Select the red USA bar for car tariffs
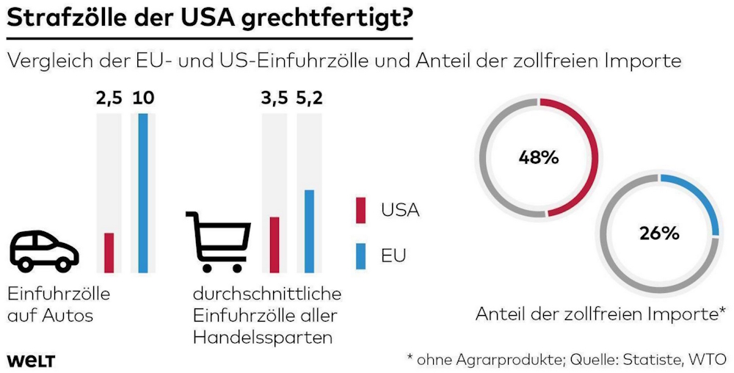coord(109,253)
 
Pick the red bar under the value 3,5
coord(275,245)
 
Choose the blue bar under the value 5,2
coord(309,231)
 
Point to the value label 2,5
coord(109,98)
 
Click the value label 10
coord(142,98)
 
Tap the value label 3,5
coord(275,98)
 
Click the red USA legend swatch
coord(360,209)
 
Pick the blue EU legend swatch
coord(360,256)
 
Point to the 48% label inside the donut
coord(539,157)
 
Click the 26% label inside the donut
coord(659,233)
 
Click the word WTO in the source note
coord(708,359)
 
